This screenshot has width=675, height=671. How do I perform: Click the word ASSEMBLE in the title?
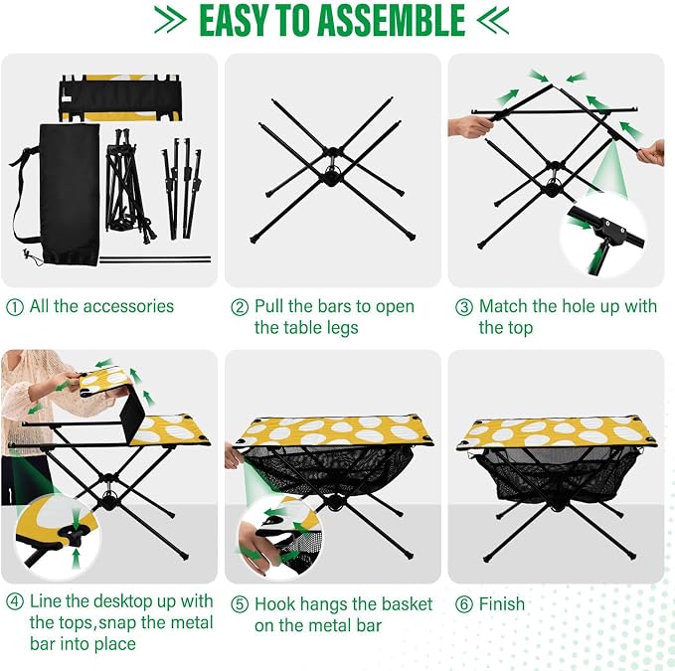[x=391, y=20]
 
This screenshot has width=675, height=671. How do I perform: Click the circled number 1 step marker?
[x=15, y=307]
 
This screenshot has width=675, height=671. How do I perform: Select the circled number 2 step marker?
[x=240, y=307]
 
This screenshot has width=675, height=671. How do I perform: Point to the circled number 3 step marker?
[x=464, y=307]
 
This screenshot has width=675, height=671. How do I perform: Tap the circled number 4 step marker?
[x=15, y=601]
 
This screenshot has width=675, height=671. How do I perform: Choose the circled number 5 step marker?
[x=240, y=604]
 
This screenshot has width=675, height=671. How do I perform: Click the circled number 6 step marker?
[x=464, y=604]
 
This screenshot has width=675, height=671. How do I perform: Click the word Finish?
[x=502, y=603]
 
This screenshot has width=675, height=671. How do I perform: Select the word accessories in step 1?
[x=128, y=306]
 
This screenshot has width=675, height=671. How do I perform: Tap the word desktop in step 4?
[x=122, y=601]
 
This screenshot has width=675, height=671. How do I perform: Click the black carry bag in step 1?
[x=69, y=195]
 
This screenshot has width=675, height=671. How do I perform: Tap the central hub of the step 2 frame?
[x=331, y=177]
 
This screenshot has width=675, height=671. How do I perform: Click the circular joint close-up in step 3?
[x=602, y=235]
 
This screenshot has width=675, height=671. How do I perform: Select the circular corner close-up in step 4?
[x=58, y=537]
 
